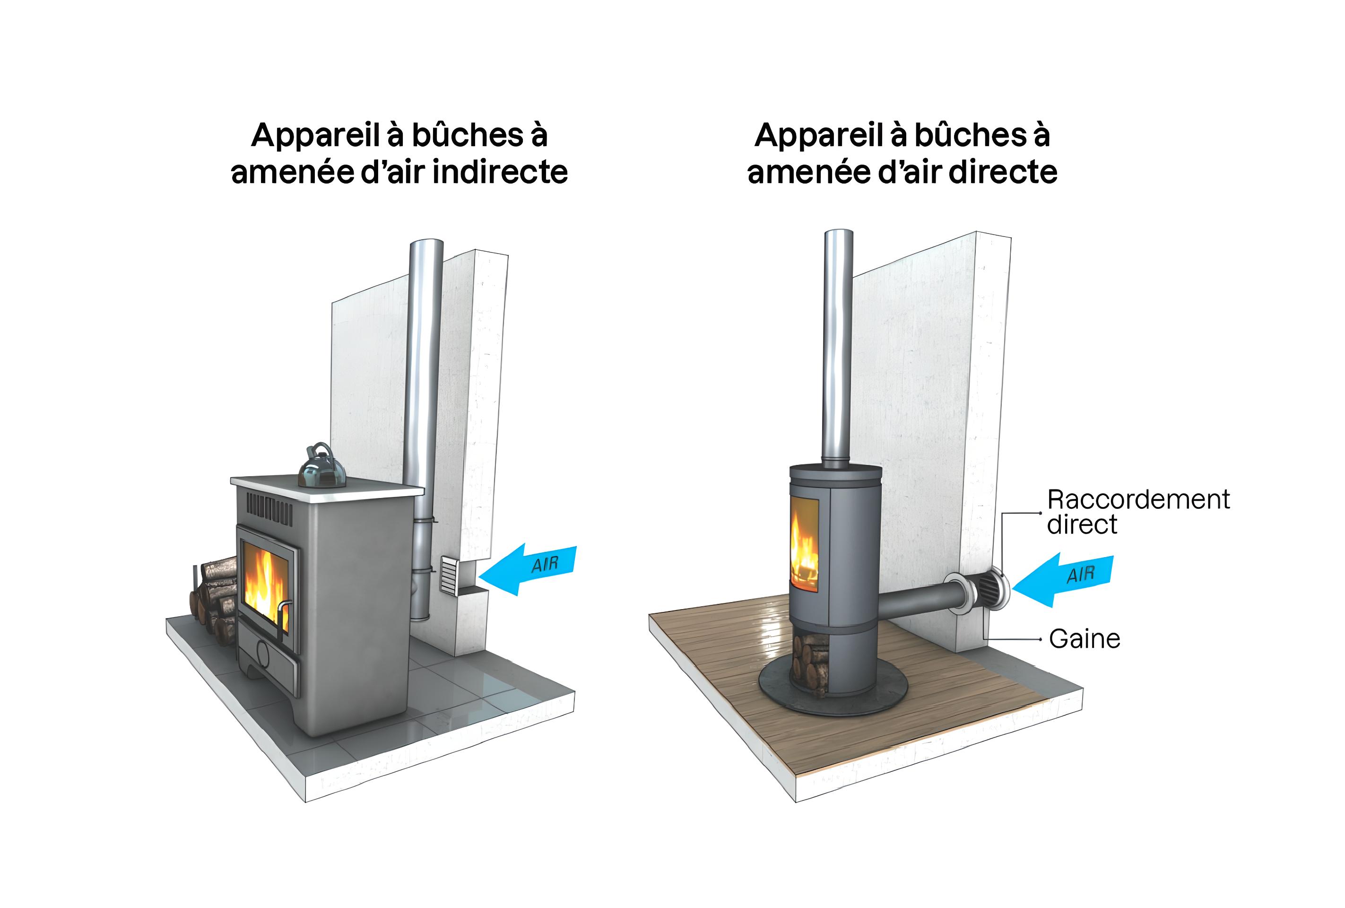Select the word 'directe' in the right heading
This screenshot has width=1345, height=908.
coord(1002,173)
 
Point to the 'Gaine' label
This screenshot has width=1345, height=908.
coord(1084,639)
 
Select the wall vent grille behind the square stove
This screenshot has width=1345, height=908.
coord(449,576)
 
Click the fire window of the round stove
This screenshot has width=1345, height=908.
coord(805,544)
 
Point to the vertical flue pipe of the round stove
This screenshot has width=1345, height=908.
coord(837,348)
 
